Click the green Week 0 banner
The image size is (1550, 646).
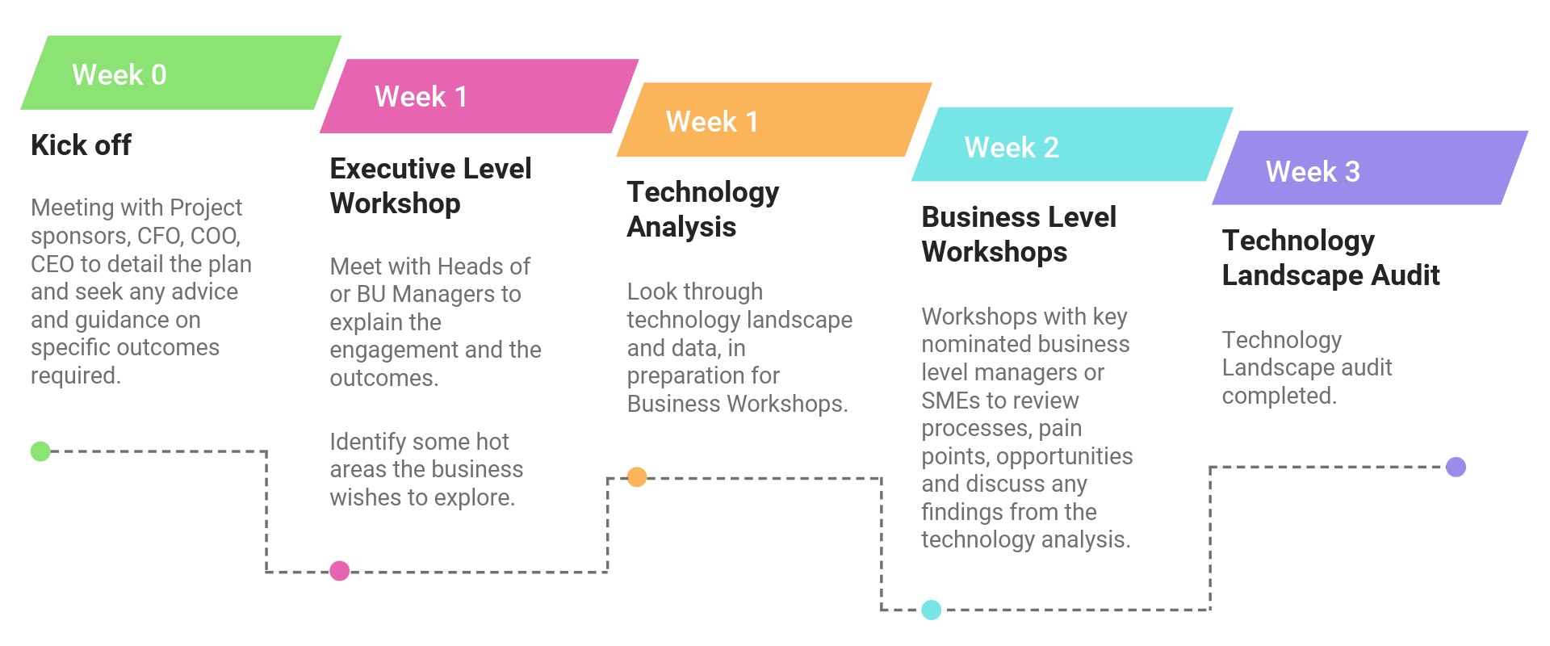[181, 73]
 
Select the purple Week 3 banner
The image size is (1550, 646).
[1370, 168]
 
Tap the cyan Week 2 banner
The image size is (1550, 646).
[1072, 145]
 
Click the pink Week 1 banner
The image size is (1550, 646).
[480, 96]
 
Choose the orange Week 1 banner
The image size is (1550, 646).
[774, 120]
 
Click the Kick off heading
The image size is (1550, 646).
[81, 145]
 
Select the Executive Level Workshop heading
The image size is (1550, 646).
[430, 186]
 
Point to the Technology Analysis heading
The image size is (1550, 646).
[702, 209]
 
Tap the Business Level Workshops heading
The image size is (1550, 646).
[1019, 234]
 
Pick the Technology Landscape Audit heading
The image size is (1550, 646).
[1330, 258]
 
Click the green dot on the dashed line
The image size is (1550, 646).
[40, 451]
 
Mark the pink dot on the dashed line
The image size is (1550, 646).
[340, 571]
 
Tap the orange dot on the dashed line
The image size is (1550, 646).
[637, 477]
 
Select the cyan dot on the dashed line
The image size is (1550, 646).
[932, 610]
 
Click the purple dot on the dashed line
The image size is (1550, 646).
[1456, 467]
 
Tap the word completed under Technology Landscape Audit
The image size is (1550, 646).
[1279, 396]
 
